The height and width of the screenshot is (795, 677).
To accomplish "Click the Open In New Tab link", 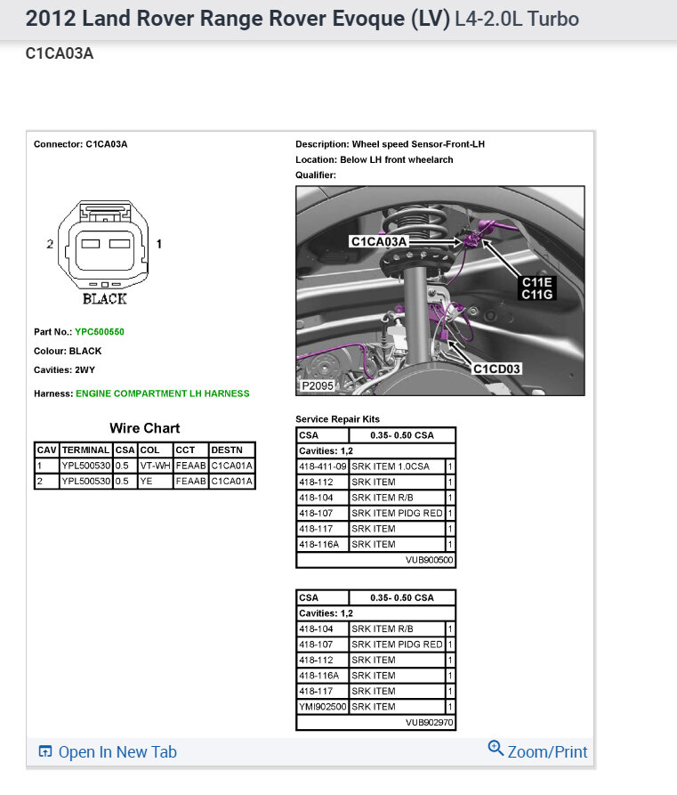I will coord(108,752).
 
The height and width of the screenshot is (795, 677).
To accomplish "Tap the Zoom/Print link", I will coord(538,751).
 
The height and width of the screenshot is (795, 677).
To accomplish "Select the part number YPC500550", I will coord(100,332).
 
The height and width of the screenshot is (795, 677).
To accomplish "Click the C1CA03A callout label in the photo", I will coord(379,241).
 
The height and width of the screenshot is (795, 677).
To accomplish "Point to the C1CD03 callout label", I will coord(496,369).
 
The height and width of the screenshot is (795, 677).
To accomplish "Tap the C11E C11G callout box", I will coord(536,288).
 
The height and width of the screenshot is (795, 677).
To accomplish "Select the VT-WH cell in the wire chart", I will coord(155,466).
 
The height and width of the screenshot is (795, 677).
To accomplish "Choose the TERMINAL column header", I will coord(86,450).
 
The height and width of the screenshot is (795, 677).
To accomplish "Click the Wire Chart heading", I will coord(144,428).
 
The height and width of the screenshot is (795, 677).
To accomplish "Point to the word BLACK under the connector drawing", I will coord(105,299).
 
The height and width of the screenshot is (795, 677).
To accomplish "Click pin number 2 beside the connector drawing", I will coord(51,244).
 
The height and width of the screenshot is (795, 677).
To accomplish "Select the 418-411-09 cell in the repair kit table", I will coord(322,466).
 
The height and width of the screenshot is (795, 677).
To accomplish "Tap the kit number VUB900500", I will coord(430,560).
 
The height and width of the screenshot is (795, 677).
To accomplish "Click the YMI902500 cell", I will coord(322,707).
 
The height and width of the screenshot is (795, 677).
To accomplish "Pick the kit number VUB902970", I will coord(430,723).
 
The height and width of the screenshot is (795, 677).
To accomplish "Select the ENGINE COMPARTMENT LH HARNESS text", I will coord(163,393).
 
